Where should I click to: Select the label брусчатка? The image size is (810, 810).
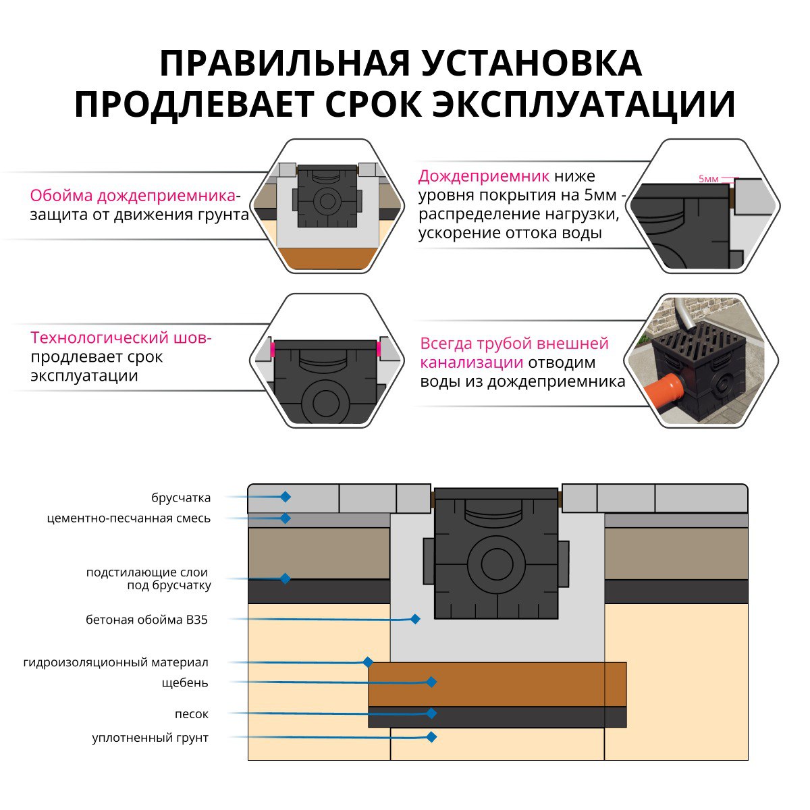181,498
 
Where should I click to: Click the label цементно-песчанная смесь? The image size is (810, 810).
129,518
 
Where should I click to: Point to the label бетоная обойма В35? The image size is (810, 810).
146,620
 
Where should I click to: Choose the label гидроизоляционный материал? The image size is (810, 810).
115,663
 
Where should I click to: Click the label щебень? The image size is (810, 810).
185,683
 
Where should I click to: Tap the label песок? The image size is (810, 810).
192,714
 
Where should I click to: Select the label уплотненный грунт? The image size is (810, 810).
151,738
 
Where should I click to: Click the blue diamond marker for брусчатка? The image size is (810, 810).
286,497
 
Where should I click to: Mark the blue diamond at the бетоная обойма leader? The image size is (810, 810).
415,618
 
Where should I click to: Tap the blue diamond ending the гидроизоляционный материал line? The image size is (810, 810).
368,662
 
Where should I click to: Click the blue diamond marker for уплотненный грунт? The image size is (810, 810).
431,737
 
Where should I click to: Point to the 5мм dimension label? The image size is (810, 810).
709,179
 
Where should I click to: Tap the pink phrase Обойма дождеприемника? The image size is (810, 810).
132,196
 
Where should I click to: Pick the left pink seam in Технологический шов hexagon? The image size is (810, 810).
273,350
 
